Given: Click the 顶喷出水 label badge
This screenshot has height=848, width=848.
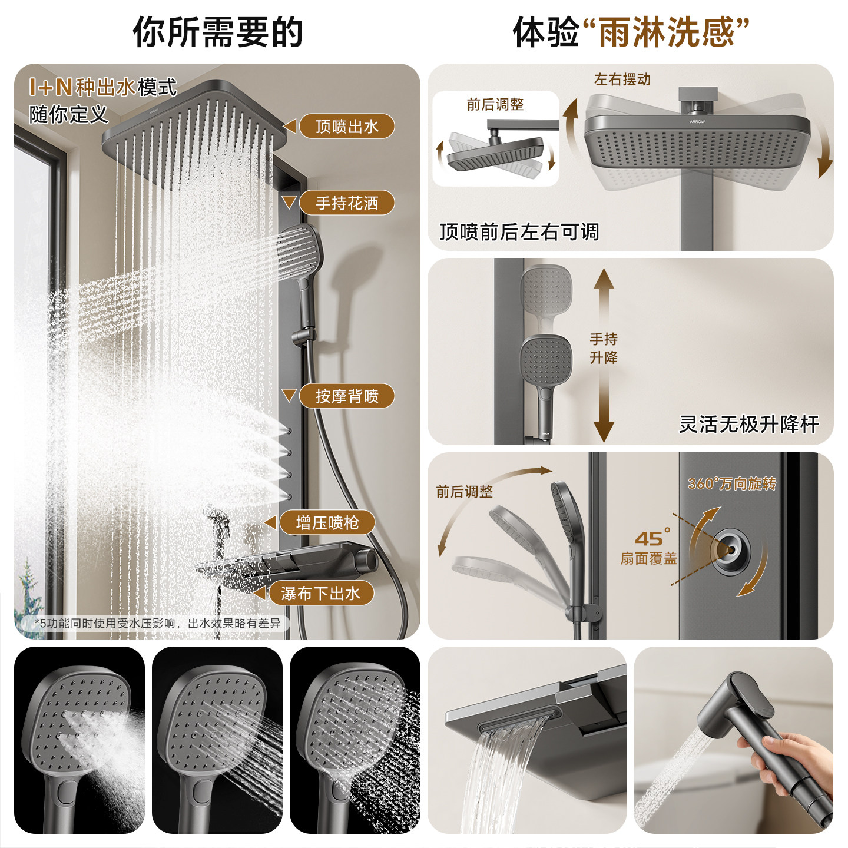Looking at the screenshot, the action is (x=347, y=126).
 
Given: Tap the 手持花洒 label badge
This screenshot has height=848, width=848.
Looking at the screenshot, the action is (x=347, y=203).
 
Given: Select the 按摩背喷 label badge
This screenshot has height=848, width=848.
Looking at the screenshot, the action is (x=347, y=396).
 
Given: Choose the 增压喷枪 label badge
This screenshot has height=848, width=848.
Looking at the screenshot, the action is (x=327, y=522).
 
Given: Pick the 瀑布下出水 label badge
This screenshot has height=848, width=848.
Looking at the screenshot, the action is (x=321, y=593).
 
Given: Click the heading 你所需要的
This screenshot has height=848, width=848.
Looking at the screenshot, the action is (x=218, y=32).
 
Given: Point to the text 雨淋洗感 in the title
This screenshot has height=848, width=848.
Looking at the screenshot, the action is (x=666, y=32).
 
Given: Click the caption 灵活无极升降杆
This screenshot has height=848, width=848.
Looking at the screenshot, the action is (x=748, y=424).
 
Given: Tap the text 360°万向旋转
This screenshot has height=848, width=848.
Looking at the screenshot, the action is (x=732, y=483).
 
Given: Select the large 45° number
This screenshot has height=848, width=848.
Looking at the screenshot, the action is (x=652, y=538).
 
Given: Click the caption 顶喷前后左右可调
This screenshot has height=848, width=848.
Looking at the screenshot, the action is (x=519, y=232).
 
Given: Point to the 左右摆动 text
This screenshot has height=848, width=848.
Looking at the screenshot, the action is (x=622, y=79).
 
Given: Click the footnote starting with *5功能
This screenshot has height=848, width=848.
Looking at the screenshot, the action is (x=158, y=622).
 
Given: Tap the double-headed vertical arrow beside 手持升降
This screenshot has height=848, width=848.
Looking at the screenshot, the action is (x=604, y=355).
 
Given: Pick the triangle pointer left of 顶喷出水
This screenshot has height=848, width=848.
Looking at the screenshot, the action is (x=289, y=126).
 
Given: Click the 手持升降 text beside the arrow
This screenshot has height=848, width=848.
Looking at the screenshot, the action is (x=604, y=348).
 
